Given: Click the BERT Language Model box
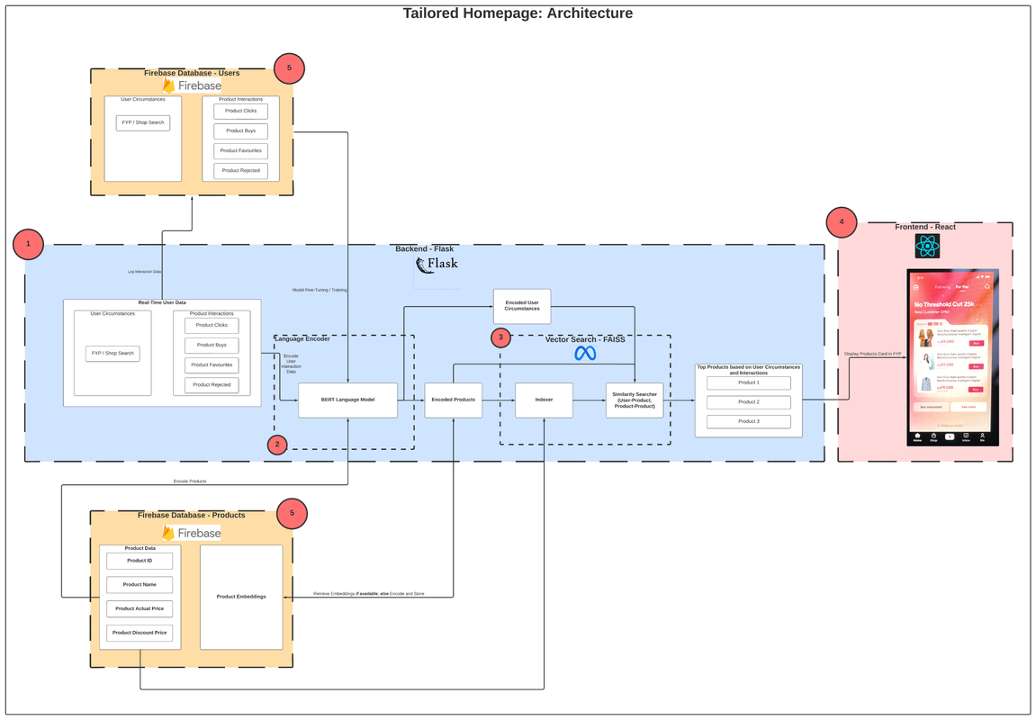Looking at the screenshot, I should (347, 400).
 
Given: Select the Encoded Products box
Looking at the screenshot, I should (453, 400).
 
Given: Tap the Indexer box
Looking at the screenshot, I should (544, 400).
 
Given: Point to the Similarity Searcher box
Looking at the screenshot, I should (635, 400).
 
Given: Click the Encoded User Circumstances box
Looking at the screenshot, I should (521, 306).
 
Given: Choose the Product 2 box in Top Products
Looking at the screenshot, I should (748, 402).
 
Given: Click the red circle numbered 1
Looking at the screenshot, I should (28, 244).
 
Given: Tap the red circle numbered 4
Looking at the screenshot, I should (842, 221).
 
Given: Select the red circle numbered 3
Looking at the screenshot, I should (501, 337).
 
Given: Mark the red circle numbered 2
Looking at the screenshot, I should (277, 445).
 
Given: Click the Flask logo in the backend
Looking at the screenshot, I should (437, 265).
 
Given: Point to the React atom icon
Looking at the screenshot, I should (927, 247).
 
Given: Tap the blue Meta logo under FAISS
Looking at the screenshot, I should (585, 354).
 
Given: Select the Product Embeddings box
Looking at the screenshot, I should (240, 597).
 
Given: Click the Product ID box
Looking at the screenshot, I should (140, 561).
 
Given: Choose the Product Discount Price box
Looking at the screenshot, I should (140, 633).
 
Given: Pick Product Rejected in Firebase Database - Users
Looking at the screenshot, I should (240, 170).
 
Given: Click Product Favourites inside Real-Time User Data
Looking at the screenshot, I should (212, 364).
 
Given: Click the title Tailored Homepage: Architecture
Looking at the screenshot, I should (518, 13).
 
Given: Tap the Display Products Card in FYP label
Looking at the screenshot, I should (872, 354).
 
